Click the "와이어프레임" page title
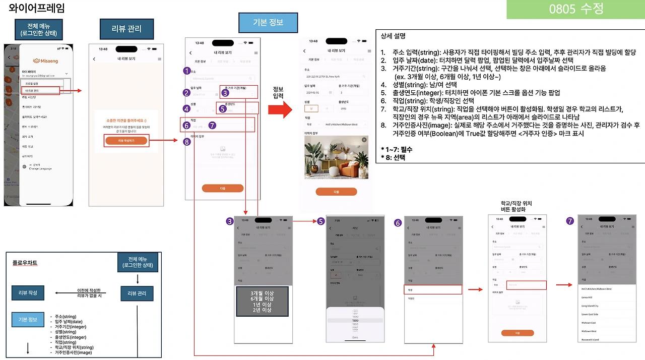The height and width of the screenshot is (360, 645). tap(37, 9)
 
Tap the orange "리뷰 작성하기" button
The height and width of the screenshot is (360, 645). tap(126, 141)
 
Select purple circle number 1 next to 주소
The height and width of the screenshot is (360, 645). tap(186, 71)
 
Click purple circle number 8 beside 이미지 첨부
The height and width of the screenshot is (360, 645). tap(186, 142)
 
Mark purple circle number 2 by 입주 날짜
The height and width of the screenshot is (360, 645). tap(186, 93)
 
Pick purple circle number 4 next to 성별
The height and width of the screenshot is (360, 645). tap(186, 108)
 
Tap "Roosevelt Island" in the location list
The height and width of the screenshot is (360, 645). tap(592, 339)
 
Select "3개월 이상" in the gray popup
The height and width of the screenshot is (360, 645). tap(262, 293)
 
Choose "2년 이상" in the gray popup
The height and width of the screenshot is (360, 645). tap(262, 310)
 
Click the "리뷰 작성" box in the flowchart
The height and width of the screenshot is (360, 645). tap(28, 293)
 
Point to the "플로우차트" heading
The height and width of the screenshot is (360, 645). tap(25, 263)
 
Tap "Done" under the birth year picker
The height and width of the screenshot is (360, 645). tap(355, 337)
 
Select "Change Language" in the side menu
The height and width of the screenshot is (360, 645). tap(40, 168)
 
